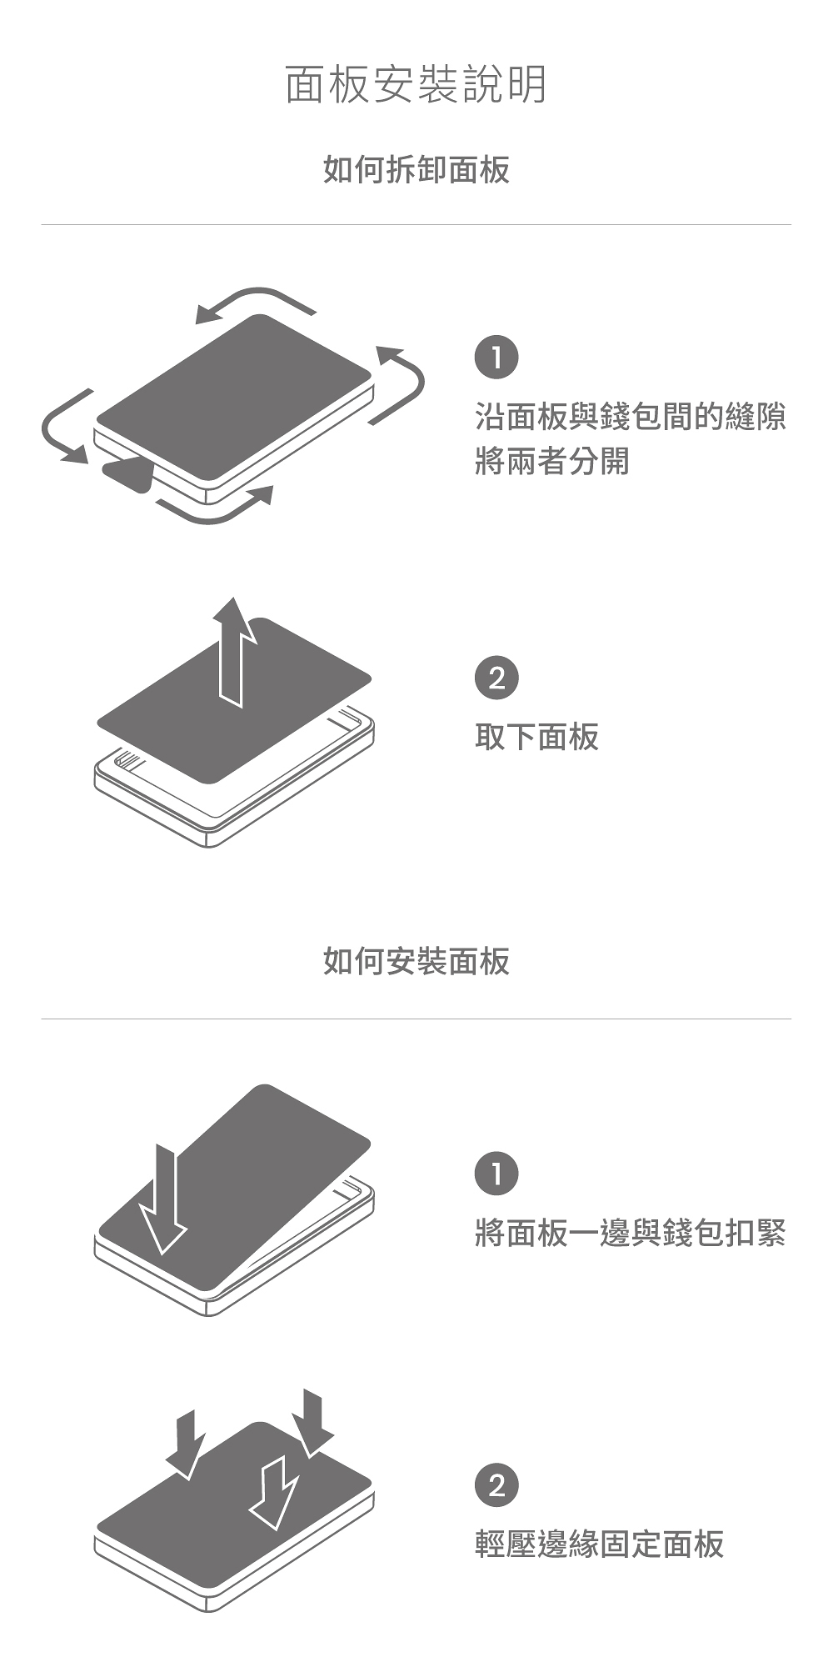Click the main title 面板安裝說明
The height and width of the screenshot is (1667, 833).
(416, 85)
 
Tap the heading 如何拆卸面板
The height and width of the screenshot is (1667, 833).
(416, 170)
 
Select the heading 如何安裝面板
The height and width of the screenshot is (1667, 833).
(416, 961)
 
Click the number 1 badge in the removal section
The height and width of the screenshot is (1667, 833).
(496, 358)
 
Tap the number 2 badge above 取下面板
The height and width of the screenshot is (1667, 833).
(496, 678)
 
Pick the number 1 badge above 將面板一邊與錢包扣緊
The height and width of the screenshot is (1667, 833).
(496, 1174)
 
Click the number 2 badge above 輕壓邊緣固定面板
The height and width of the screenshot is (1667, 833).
(496, 1485)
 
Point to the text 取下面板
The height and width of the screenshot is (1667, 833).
(536, 737)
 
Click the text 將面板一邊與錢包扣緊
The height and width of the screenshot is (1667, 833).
(630, 1233)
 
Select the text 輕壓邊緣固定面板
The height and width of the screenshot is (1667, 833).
(599, 1544)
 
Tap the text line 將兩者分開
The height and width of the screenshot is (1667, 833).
(551, 460)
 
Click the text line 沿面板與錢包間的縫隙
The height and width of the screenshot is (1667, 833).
(630, 416)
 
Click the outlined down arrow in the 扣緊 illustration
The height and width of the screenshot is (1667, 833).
(163, 1200)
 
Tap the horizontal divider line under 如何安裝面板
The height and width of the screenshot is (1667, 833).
(416, 1019)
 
